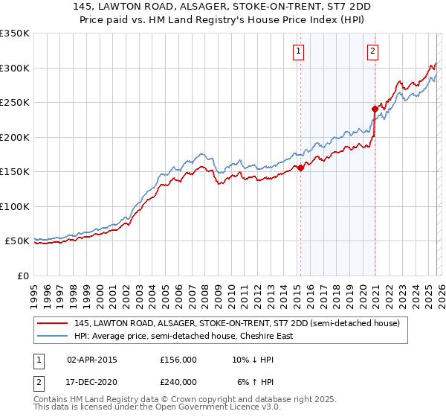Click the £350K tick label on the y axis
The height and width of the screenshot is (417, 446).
[x=14, y=34]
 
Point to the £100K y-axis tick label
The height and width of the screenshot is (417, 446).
[x=14, y=206]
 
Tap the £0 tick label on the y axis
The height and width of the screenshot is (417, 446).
[x=22, y=276]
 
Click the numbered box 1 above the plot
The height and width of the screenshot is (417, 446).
[x=298, y=51]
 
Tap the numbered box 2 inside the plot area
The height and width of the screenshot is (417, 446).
[x=372, y=51]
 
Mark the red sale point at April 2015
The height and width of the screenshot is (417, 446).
[x=300, y=168]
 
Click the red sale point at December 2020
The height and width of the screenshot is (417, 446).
[x=375, y=109]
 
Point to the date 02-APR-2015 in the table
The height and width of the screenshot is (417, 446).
[x=92, y=360]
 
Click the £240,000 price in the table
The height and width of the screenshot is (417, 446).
[x=178, y=381]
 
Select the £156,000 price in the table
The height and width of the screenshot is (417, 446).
[x=178, y=360]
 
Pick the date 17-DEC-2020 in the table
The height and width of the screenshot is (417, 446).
[x=92, y=381]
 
